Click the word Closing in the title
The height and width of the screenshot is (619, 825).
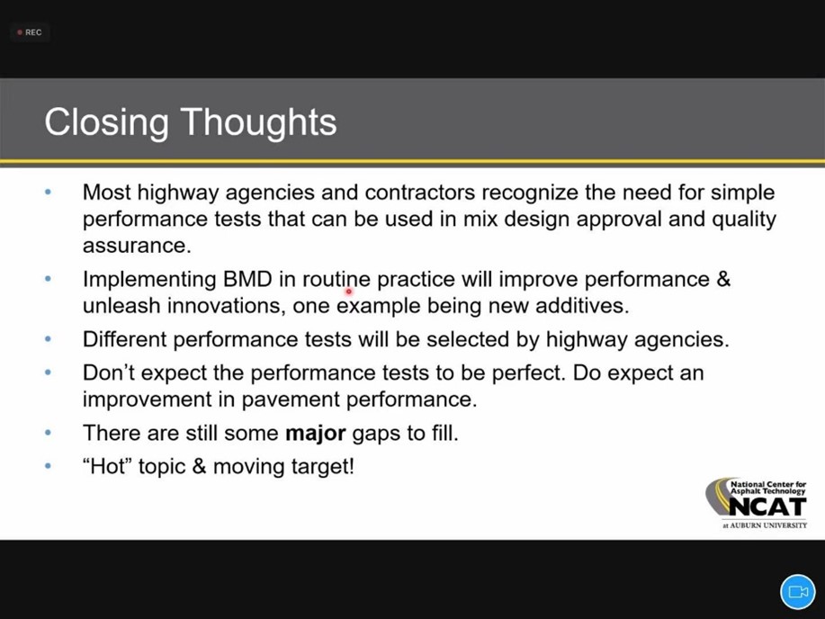[x=106, y=123]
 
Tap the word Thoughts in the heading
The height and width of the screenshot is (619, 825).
[x=259, y=122]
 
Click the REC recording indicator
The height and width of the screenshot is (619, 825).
[x=30, y=32]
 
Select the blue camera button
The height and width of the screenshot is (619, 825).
[x=798, y=592]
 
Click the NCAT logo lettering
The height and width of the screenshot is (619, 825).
[x=767, y=507]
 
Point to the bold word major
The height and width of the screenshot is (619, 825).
[x=315, y=433]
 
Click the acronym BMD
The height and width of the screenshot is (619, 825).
[x=247, y=279]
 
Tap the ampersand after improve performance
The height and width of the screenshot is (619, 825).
[x=723, y=279]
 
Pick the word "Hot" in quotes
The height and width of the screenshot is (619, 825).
[x=107, y=466]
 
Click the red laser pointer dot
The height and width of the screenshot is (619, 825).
[x=348, y=292]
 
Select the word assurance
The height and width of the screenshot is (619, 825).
[x=137, y=246]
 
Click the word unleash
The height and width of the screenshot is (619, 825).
[x=121, y=305]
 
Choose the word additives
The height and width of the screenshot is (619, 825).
[x=582, y=305]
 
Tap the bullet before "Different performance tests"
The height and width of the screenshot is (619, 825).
[x=49, y=339]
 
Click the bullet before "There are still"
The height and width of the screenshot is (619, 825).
[x=49, y=433]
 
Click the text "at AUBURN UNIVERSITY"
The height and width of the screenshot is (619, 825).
[x=765, y=525]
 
